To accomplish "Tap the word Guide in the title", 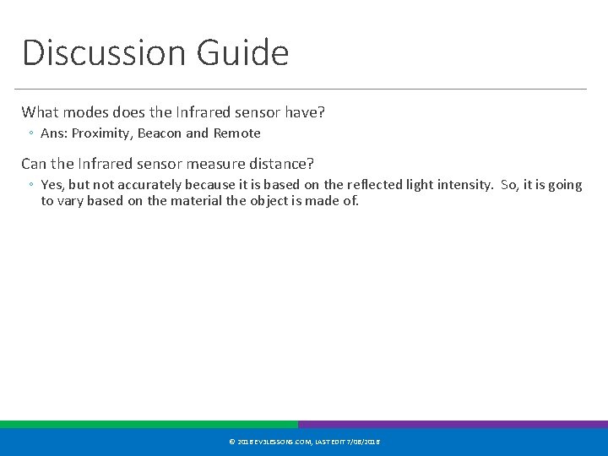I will click(x=242, y=52).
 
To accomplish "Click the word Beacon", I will click(x=159, y=133).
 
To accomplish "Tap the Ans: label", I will click(x=54, y=133).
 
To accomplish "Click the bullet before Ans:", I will click(x=30, y=134).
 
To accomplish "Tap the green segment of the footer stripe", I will click(x=149, y=425).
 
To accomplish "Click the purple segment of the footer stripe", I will click(x=453, y=425).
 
